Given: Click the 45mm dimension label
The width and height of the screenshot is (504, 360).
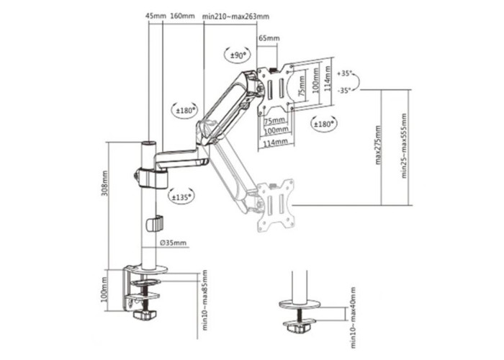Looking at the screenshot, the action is coord(156,16).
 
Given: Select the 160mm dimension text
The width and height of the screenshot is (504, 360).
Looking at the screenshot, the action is coord(182,16).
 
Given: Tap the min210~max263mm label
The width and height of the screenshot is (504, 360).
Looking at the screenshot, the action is coord(236,17).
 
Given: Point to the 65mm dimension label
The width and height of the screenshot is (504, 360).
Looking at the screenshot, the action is coord(269,38).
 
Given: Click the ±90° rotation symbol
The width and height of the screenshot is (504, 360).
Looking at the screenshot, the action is coord(238,55).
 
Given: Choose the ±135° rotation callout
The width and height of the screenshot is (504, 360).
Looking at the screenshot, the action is coord(181,197).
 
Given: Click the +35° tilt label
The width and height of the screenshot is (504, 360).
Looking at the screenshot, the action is coord(345,73).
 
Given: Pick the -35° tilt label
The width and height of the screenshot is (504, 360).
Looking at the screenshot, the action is coord(345,91).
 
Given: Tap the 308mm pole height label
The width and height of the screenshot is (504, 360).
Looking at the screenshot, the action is coord(105,183).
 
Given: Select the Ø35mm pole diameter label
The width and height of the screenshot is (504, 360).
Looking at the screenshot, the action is coord(173,243).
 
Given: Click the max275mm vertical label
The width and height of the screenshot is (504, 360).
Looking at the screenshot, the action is coord(378,145).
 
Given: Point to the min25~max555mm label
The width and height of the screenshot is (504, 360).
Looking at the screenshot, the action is coord(404,145).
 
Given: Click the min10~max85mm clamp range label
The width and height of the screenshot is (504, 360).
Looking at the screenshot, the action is coord(204,300).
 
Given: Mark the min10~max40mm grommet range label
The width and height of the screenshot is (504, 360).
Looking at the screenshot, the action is coord(354,318).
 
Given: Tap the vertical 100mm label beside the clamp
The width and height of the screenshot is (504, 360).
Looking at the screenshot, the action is coord(104,289).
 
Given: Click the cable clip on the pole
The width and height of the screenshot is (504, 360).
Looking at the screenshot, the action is coord(155,224).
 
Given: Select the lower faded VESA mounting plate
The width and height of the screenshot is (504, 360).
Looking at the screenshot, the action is coord(276,205).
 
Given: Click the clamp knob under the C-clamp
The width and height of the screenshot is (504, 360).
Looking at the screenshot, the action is coord(144,315).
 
